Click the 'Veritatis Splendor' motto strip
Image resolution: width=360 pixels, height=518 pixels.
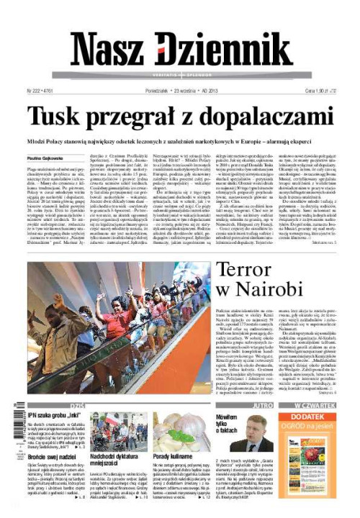(x=180, y=74)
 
